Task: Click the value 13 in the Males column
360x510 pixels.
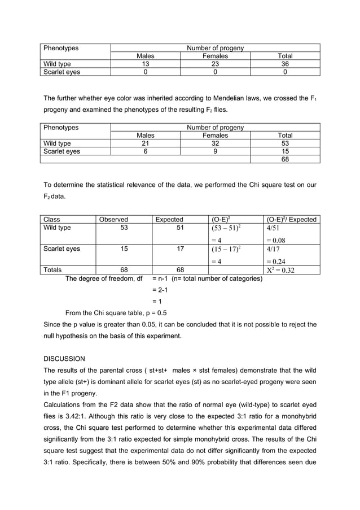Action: [x=145, y=64]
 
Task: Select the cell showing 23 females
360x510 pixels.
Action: [x=215, y=64]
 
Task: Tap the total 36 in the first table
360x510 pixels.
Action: [x=285, y=64]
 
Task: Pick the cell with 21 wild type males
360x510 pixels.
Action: [x=145, y=143]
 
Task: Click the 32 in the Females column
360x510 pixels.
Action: [x=215, y=143]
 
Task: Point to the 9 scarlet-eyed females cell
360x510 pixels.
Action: [x=215, y=151]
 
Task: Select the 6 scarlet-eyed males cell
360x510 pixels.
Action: [x=145, y=151]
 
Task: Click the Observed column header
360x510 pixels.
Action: [x=113, y=219]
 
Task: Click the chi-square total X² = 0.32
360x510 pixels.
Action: [x=280, y=270]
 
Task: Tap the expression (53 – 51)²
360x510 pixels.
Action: [x=226, y=228]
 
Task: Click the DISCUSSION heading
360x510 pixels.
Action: [x=64, y=359]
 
